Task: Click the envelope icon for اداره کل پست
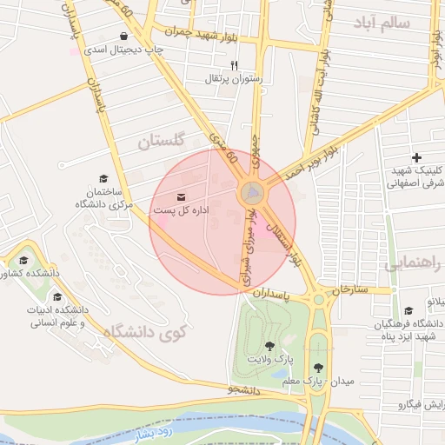[x=181, y=197]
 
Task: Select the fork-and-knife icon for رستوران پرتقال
[x=233, y=66]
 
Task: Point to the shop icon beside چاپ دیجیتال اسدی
[x=127, y=37]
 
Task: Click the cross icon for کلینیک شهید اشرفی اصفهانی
[x=417, y=157]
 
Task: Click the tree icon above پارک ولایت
[x=269, y=346]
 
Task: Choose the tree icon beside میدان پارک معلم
[x=318, y=367]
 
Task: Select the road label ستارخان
[x=350, y=289]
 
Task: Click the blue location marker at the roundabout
[x=253, y=191]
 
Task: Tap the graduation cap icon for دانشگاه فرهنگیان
[x=408, y=311]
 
